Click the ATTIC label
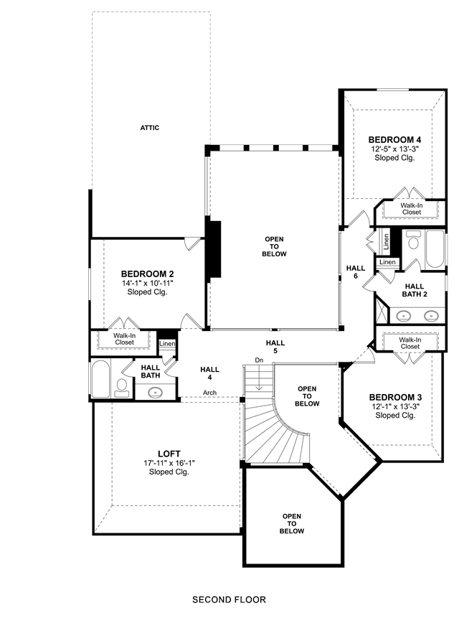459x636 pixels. (x=149, y=128)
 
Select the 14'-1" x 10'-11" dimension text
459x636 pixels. (x=148, y=283)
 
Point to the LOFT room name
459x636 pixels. (x=169, y=454)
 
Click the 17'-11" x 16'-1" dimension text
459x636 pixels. (x=169, y=463)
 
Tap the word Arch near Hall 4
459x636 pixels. (x=209, y=393)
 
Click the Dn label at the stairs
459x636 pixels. (x=259, y=360)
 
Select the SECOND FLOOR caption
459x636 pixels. (x=229, y=599)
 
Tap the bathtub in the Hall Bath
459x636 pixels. (x=100, y=378)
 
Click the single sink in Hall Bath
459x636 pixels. (x=156, y=392)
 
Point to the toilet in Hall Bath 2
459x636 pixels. (x=413, y=241)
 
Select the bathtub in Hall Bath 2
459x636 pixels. (x=435, y=248)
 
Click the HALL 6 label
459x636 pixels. (x=356, y=272)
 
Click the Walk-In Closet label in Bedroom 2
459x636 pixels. (x=124, y=339)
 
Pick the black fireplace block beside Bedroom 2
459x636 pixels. (x=213, y=248)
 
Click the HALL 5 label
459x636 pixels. (x=275, y=347)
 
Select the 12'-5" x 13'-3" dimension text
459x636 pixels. (x=394, y=149)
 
